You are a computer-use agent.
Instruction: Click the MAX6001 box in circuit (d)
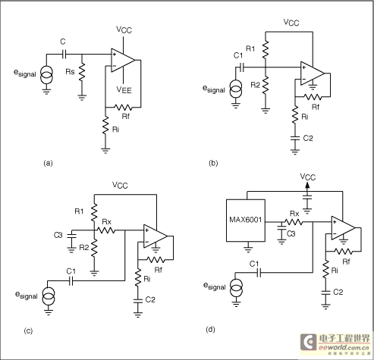point(246,221)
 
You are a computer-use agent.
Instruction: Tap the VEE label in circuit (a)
point(124,89)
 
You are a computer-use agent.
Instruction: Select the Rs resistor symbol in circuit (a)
point(82,72)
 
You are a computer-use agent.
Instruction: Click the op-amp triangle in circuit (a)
point(123,61)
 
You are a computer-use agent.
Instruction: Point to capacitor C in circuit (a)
point(64,54)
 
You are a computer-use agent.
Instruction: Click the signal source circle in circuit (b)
point(236,89)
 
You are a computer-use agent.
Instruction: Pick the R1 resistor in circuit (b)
point(266,49)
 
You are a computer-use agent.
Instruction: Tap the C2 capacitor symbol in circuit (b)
point(295,138)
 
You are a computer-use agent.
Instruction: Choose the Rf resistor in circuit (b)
point(313,96)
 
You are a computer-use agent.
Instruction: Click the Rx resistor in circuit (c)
point(106,230)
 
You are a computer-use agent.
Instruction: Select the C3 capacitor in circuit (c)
point(71,236)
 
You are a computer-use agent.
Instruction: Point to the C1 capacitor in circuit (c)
point(71,280)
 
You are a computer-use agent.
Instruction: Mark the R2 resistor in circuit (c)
point(94,248)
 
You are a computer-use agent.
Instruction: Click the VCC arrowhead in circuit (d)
point(307,186)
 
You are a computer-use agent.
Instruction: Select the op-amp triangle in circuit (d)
point(344,228)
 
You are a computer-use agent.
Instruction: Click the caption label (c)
point(28,330)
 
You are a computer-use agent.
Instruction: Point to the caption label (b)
point(213,163)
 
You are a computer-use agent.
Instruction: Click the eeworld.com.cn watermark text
point(344,347)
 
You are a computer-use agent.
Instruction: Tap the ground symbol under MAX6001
point(248,249)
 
